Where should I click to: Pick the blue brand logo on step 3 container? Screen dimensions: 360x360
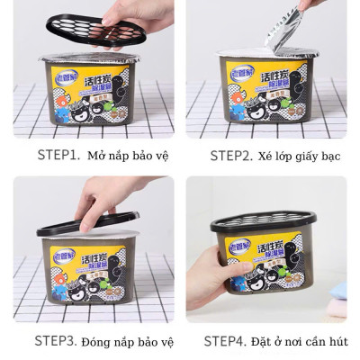63,256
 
